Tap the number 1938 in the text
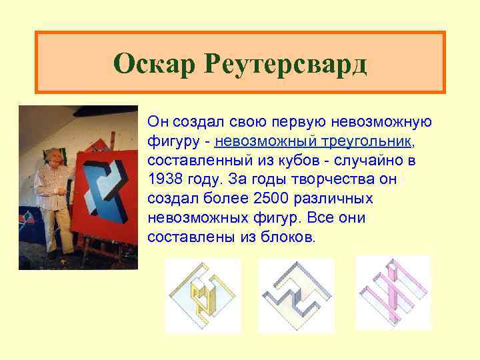coord(167,179)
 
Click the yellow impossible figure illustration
coord(203,295)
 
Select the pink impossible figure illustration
coord(393,292)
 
